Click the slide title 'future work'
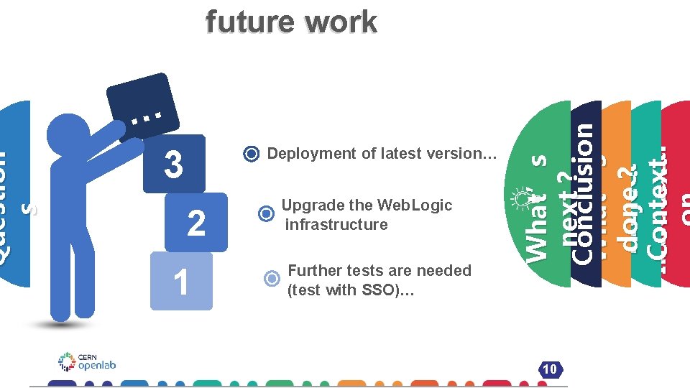click(291, 22)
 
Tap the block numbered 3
click(174, 164)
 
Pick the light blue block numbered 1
click(181, 281)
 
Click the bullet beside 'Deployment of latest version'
click(251, 154)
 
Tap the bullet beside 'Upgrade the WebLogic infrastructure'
click(266, 213)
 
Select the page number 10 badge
click(550, 369)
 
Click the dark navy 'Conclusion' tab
click(586, 194)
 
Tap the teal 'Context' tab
click(647, 194)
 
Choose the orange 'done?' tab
click(617, 194)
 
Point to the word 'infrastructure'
click(336, 224)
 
